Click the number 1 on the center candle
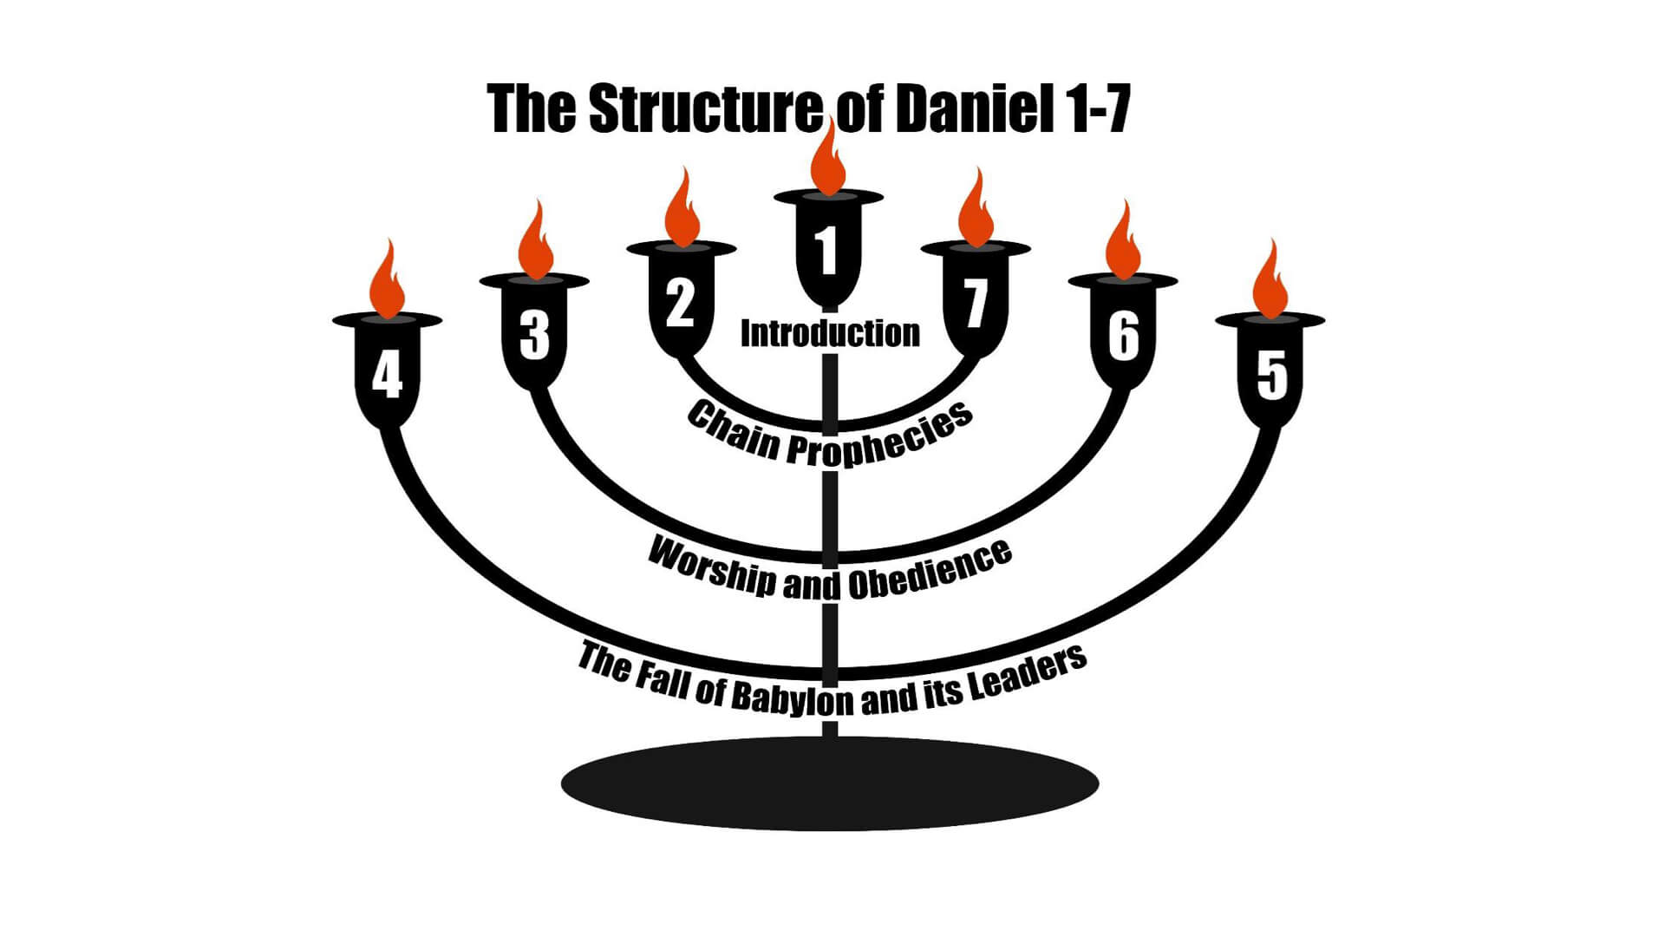[827, 249]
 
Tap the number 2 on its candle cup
[680, 302]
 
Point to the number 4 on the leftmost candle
[387, 375]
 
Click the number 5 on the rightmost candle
[1271, 375]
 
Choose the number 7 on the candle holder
[976, 302]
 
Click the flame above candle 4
[387, 282]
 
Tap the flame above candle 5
[1271, 282]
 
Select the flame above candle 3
[535, 243]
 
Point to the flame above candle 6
[1124, 243]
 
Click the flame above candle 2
[682, 211]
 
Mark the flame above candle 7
[976, 211]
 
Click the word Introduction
[830, 333]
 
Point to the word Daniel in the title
[968, 109]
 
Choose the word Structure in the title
[704, 109]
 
